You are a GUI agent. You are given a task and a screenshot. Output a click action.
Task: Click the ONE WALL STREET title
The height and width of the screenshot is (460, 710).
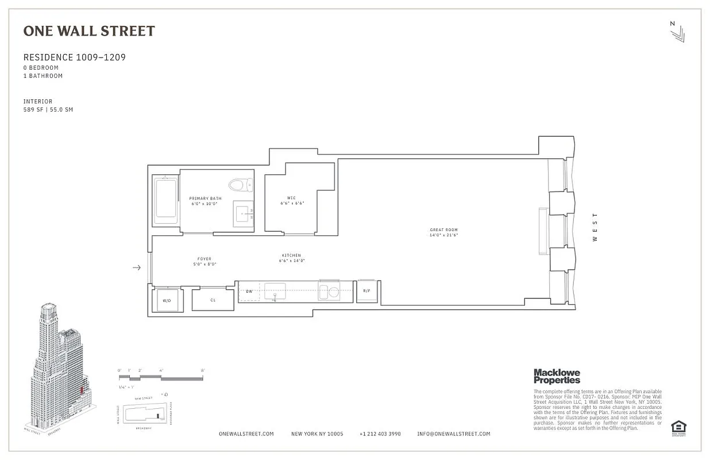tap(89, 31)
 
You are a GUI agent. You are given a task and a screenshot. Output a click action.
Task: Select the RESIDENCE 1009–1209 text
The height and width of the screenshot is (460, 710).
tap(74, 57)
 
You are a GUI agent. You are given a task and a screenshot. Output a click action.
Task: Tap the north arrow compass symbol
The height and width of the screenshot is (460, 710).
tap(677, 32)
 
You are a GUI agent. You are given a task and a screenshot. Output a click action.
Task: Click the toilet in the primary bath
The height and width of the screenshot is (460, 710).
tap(240, 185)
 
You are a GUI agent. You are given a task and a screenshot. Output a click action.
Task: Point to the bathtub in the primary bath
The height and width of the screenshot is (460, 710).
tap(166, 201)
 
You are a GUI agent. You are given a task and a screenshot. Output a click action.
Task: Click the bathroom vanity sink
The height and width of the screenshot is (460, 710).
tap(244, 214)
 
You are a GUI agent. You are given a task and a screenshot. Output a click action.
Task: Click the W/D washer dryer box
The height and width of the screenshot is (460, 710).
tap(167, 300)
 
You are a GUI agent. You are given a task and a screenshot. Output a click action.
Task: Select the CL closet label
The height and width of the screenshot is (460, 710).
tap(213, 300)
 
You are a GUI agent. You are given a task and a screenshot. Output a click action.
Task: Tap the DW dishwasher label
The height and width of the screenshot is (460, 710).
tap(249, 292)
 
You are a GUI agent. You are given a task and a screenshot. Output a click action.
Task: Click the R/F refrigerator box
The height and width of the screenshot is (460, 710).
tap(366, 291)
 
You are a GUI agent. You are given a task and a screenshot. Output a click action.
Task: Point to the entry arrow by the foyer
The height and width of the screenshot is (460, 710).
tap(137, 267)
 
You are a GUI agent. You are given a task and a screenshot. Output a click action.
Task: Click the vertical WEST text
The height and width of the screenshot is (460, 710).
tap(595, 227)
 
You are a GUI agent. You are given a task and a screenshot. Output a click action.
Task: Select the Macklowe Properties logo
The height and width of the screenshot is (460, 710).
tap(557, 377)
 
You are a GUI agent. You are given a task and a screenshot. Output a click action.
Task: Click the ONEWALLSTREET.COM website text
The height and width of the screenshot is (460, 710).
tap(246, 434)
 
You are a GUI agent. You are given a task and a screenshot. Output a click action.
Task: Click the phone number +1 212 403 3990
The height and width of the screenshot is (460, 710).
tap(380, 434)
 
